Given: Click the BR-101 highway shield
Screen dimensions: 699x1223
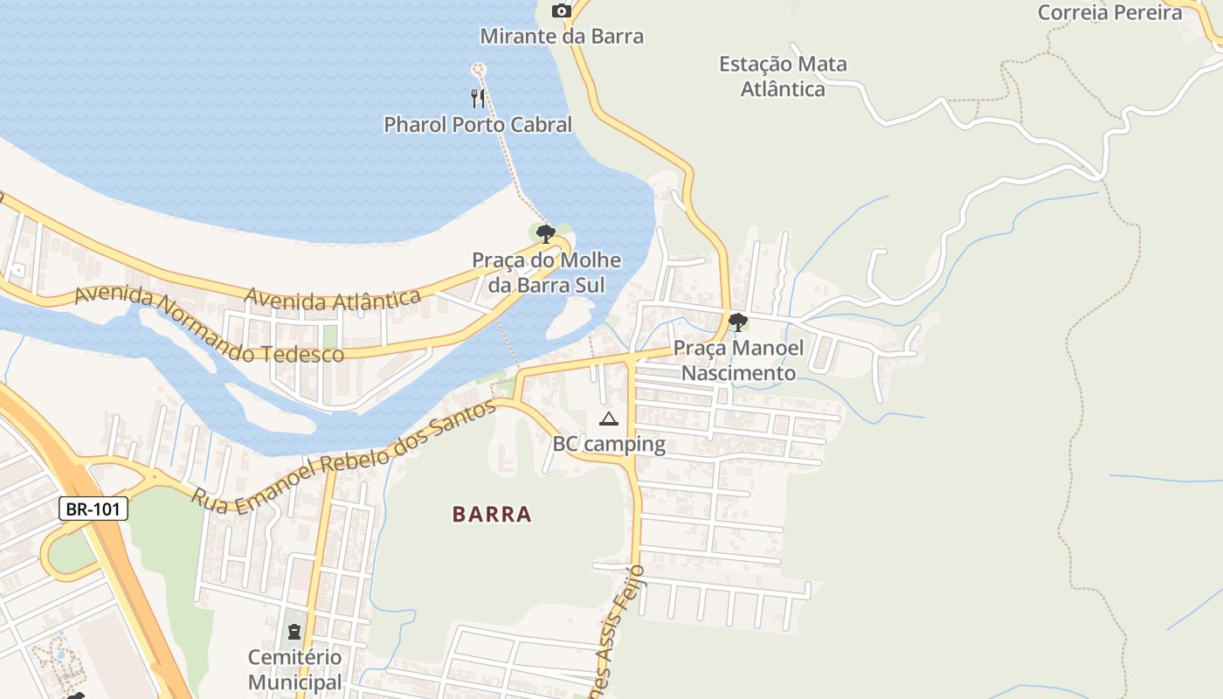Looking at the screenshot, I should click(93, 509).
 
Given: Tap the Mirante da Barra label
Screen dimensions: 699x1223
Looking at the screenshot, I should click(562, 37).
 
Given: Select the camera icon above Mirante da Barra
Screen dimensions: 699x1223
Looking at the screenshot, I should click(562, 11).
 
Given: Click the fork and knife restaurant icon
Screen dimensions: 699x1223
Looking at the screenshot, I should click(478, 98).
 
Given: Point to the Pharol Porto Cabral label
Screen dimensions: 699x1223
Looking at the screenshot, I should click(478, 125).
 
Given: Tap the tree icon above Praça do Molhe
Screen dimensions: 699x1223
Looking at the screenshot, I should click(546, 233).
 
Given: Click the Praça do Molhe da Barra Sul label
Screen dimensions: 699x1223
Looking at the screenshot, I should click(546, 273).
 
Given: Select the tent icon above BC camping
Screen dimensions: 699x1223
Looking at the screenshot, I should click(609, 419).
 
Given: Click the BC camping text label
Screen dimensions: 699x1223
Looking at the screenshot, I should click(609, 444).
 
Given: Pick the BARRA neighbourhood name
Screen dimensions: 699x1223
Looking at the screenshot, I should click(492, 514).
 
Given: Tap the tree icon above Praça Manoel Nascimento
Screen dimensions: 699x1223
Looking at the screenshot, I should click(737, 322).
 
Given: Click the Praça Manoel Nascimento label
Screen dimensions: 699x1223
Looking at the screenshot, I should click(738, 361).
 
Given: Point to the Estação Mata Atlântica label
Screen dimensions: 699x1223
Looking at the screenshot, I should click(783, 76).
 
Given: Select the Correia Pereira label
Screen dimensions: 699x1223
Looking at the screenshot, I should click(1109, 12).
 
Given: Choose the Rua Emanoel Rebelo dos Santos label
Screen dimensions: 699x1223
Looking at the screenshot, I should click(345, 458).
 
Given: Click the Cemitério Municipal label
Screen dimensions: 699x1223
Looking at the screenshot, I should click(294, 669).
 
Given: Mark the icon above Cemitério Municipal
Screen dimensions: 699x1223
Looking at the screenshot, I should click(294, 631).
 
